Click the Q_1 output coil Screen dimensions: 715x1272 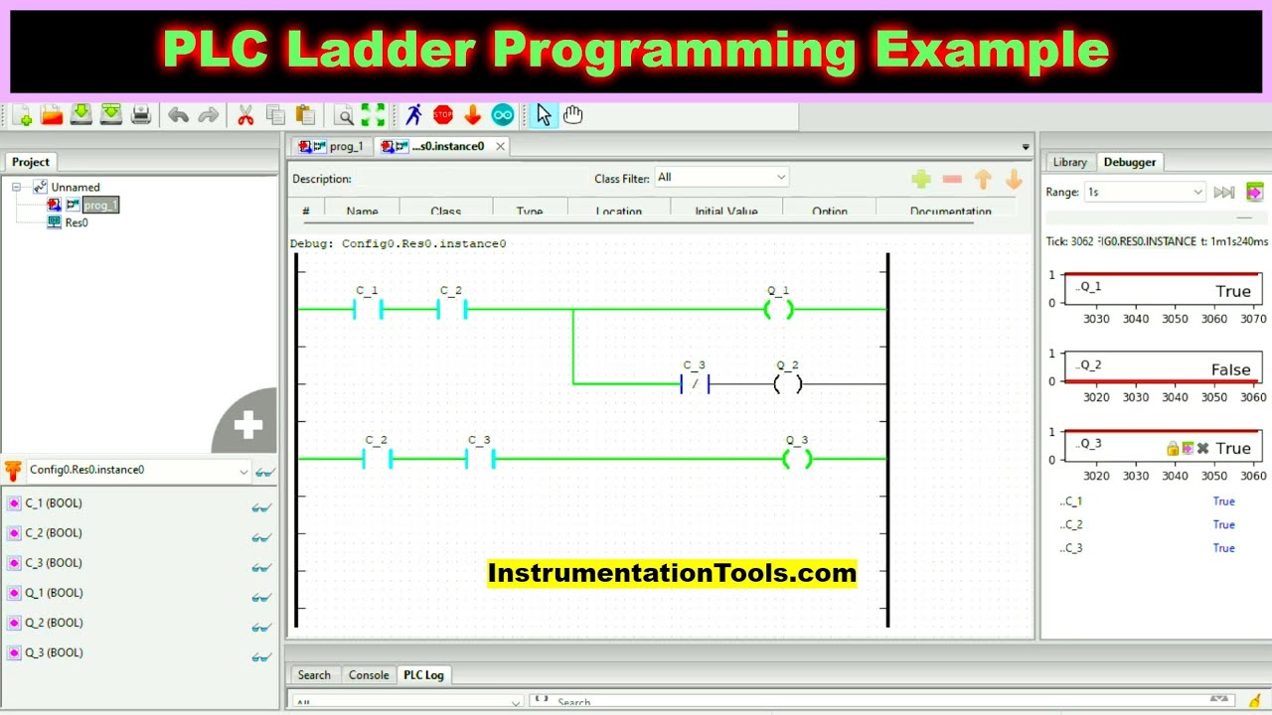tap(778, 309)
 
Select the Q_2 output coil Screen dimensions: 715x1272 tap(787, 383)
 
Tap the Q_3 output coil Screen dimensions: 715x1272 tap(797, 459)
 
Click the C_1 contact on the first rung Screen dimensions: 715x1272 tap(368, 309)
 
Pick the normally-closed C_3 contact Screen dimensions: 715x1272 tap(695, 383)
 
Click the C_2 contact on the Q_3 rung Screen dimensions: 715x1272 tap(378, 459)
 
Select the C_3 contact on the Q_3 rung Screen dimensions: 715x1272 tap(480, 459)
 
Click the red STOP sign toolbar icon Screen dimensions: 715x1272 tap(443, 115)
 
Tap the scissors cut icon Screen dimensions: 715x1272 tap(245, 115)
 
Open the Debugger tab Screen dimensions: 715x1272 tap(1130, 162)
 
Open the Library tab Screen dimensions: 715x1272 tap(1069, 162)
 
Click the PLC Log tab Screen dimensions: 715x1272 tap(423, 675)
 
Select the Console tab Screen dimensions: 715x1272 tap(369, 675)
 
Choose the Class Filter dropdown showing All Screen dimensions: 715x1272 tap(721, 178)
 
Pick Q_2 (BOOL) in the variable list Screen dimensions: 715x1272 tap(54, 623)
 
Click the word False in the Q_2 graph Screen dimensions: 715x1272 tap(1230, 369)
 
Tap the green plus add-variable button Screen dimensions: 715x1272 tap(921, 179)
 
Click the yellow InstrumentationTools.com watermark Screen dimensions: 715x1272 tap(672, 573)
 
